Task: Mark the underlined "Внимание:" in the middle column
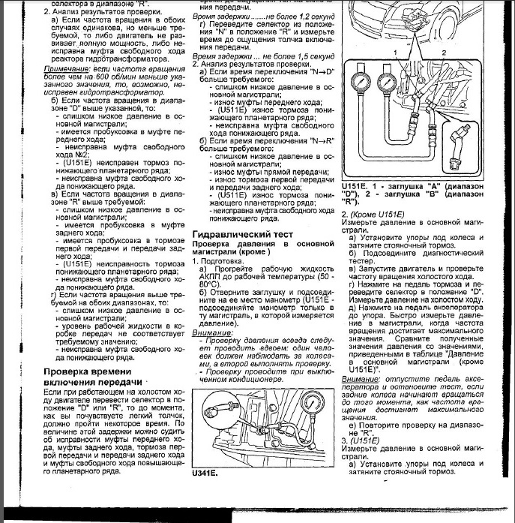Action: (213, 331)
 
